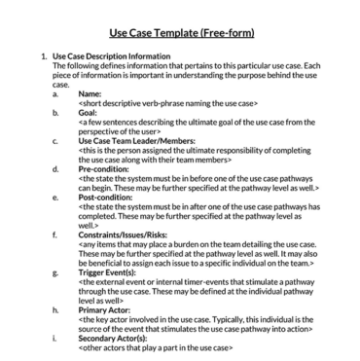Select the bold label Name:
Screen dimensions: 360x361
click(90, 93)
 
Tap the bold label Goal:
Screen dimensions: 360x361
click(89, 112)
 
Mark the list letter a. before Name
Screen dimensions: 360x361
click(56, 93)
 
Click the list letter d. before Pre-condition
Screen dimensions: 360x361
click(56, 168)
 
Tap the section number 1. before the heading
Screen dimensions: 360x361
click(43, 56)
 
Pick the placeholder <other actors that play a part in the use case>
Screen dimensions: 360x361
click(160, 346)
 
